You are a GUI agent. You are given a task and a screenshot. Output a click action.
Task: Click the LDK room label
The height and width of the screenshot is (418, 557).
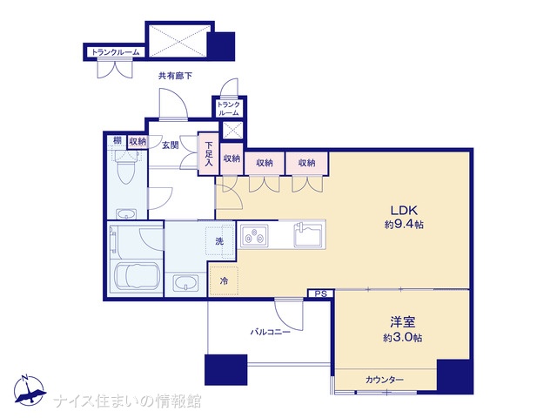coord(404,210)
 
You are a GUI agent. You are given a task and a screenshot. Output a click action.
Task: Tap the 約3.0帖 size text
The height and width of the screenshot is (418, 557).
coord(402,337)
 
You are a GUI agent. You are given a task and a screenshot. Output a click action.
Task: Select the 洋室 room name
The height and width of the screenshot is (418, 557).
coord(403,322)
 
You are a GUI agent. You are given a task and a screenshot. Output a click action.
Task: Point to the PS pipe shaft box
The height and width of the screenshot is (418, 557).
coord(321,294)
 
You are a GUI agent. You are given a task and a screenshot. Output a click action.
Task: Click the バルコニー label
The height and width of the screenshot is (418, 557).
coord(271,333)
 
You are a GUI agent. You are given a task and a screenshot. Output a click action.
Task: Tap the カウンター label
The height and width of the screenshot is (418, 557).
coord(385,380)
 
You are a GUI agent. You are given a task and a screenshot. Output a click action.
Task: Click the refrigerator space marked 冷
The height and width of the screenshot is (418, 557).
coord(224,280)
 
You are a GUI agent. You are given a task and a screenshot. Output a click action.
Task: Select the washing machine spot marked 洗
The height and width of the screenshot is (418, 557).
coord(219,241)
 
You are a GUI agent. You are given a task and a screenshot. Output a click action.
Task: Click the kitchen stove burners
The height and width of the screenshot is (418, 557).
coord(254,236)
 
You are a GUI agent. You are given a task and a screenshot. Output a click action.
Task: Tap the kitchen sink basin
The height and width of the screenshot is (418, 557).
coord(308,234)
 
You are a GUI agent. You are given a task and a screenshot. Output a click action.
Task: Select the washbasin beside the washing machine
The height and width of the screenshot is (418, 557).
coord(185,283)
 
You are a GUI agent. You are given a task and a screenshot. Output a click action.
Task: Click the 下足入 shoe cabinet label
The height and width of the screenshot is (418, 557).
coord(209,154)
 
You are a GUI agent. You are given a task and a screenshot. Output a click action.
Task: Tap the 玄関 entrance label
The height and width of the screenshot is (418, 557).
coord(171,145)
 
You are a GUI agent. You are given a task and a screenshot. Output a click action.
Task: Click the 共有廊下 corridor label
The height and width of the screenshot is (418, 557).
coord(175,76)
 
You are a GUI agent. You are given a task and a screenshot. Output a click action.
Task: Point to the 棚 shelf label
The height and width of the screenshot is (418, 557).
coord(117,140)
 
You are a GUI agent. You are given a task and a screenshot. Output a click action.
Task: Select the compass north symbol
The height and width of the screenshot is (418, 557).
coord(30,391)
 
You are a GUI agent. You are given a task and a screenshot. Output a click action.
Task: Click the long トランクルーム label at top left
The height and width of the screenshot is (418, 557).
coord(116,52)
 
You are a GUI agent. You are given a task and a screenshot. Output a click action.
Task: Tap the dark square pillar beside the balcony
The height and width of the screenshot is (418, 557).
coord(226,369)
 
